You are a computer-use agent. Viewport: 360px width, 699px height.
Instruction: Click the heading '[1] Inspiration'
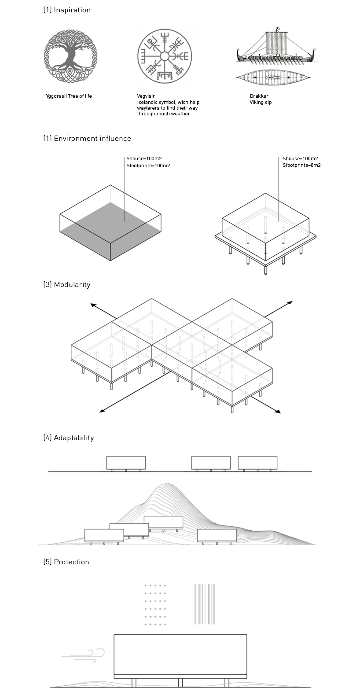pyautogui.click(x=67, y=10)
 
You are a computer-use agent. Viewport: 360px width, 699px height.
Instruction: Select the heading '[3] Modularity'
pyautogui.click(x=67, y=284)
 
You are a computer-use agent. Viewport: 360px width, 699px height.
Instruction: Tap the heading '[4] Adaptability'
pyautogui.click(x=69, y=438)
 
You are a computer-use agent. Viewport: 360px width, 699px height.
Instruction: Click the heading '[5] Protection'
pyautogui.click(x=66, y=562)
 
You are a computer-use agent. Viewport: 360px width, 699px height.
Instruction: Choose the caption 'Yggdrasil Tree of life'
pyautogui.click(x=69, y=96)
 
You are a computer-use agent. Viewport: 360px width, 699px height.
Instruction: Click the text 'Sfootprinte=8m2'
pyautogui.click(x=301, y=166)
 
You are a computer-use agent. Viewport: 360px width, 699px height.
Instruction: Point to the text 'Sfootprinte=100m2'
pyautogui.click(x=148, y=166)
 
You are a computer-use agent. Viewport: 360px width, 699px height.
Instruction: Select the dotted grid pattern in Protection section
pyautogui.click(x=155, y=605)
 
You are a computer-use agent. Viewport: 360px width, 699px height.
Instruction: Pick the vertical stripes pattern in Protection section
pyautogui.click(x=205, y=604)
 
